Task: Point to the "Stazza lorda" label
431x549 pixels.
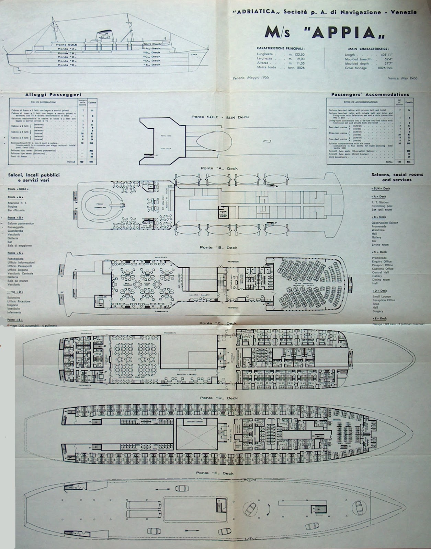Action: coord(266,68)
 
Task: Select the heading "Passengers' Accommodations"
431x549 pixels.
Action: coord(370,94)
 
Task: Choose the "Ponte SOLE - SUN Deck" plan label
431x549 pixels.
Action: coord(220,117)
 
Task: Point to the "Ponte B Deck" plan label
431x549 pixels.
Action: coord(218,247)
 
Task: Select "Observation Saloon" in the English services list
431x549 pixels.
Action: coord(385,223)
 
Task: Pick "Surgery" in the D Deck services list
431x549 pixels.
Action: coord(377,311)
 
